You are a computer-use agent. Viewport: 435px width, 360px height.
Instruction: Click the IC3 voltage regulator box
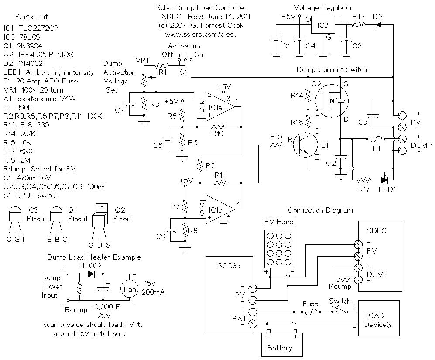tap(323, 25)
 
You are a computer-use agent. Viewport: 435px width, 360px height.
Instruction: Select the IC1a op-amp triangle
tap(219, 107)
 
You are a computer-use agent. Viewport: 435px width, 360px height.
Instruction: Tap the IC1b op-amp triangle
tap(219, 209)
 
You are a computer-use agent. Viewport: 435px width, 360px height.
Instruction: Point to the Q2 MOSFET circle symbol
tap(332, 100)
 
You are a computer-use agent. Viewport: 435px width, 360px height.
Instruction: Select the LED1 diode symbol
tap(384, 179)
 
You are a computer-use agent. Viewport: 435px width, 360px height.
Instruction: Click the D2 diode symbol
tap(378, 25)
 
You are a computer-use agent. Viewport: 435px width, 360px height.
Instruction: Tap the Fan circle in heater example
tap(129, 289)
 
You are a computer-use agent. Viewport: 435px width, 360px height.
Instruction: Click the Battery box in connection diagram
tap(282, 344)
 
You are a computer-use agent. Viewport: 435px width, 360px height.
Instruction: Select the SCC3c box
tap(229, 294)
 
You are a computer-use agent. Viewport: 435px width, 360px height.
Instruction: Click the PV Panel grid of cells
tap(279, 249)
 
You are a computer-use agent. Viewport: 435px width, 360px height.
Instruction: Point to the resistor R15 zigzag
tap(276, 144)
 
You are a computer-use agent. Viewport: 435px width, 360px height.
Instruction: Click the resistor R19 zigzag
tap(217, 127)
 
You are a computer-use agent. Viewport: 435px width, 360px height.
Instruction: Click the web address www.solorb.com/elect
tap(201, 34)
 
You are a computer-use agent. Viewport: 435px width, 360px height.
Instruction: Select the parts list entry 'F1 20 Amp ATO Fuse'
tap(41, 81)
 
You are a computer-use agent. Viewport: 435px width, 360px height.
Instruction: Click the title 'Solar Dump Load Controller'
tap(202, 8)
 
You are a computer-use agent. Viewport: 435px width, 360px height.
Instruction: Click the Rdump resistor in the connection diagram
tap(343, 280)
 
